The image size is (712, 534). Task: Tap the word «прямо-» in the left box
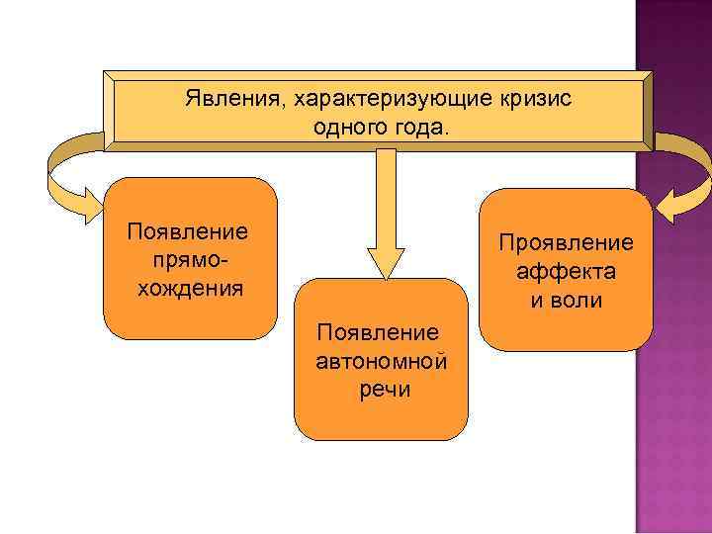click(x=189, y=261)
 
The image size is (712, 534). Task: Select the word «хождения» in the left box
click(x=189, y=289)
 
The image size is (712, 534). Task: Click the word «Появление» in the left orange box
click(x=189, y=233)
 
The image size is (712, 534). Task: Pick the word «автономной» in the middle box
click(x=382, y=361)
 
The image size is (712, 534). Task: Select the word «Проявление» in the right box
click(x=566, y=243)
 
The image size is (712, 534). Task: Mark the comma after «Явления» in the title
click(x=263, y=107)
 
